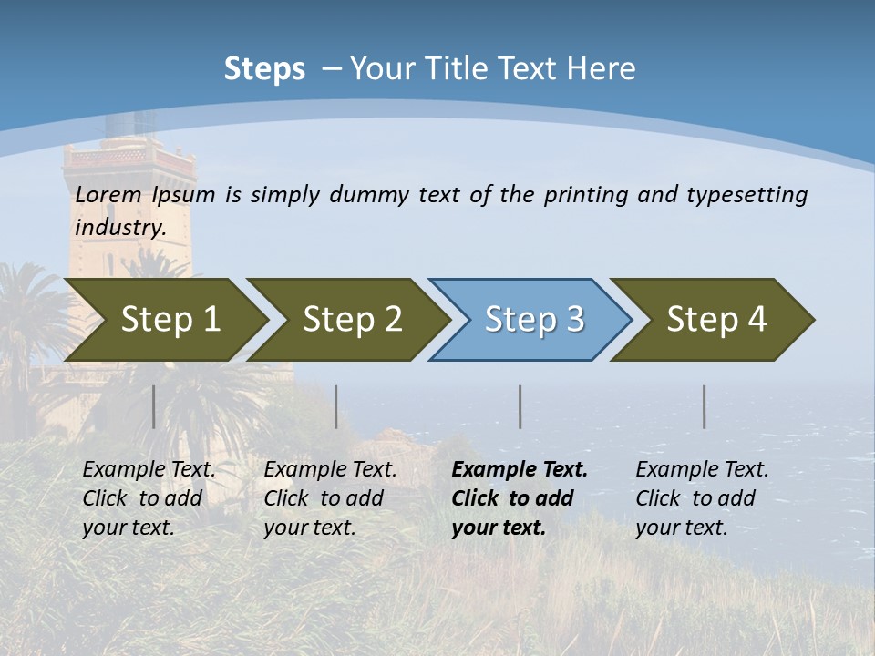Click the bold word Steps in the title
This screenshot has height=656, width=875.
[x=264, y=69]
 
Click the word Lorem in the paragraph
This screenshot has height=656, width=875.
[x=108, y=195]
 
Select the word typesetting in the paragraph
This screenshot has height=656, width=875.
[x=746, y=195]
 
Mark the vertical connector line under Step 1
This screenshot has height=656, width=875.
[x=154, y=406]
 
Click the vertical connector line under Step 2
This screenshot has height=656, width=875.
[x=336, y=406]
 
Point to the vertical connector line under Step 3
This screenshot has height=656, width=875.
[x=520, y=406]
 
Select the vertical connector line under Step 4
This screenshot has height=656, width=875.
[x=705, y=406]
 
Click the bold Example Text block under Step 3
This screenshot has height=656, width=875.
[x=520, y=498]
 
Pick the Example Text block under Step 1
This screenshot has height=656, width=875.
[x=149, y=498]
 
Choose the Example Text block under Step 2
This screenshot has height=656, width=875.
[x=330, y=498]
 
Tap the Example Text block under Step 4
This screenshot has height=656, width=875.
[x=702, y=498]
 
